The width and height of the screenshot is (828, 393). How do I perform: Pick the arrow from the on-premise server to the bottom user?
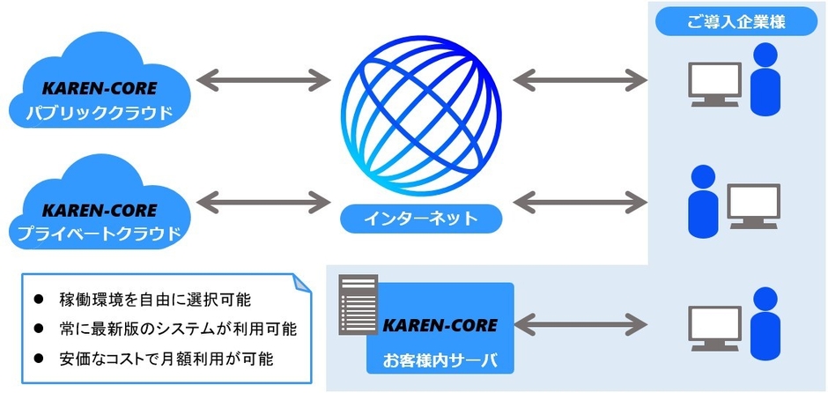click(582, 323)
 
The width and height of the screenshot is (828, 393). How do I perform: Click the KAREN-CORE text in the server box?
click(440, 324)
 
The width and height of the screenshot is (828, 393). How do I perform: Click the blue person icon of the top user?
click(765, 81)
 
